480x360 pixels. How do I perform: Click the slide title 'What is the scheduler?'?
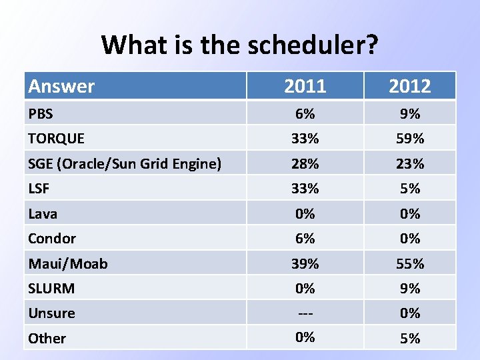(240, 45)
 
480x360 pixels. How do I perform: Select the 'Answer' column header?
(61, 86)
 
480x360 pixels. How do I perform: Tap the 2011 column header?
(305, 86)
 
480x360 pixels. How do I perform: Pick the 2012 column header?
(410, 86)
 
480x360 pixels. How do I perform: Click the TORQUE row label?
(56, 139)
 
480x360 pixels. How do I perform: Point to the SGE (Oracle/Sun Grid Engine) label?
(125, 163)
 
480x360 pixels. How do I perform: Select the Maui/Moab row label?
(67, 264)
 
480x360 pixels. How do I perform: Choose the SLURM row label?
(51, 289)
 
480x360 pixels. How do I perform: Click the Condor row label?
(52, 239)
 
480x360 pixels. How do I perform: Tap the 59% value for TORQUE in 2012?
(410, 139)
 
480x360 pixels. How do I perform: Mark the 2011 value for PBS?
(305, 114)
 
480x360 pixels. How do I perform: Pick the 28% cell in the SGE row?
(305, 163)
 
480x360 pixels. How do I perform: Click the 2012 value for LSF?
(410, 189)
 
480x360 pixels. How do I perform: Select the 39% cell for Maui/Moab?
(305, 264)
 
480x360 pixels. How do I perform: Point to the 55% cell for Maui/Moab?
(410, 264)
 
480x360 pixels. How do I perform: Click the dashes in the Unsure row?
(305, 313)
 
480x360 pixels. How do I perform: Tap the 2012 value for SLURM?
(410, 289)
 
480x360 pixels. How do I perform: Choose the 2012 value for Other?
(410, 338)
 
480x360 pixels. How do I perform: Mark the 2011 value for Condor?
(305, 239)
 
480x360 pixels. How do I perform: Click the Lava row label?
(43, 214)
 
